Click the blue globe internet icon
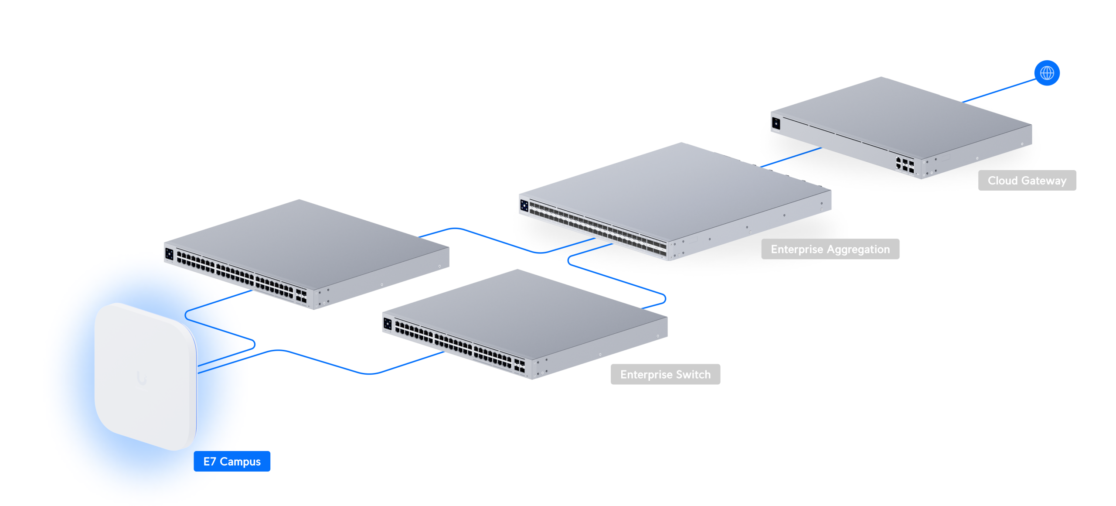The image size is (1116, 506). pos(1046,73)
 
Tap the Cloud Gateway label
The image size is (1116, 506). pos(1026,180)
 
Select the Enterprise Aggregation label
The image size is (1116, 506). pos(830,249)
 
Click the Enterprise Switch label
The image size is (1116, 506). pos(665,374)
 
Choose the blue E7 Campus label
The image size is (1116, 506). pos(231,461)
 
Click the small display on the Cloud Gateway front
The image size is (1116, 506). pos(776,123)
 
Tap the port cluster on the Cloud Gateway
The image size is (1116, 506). pos(905,165)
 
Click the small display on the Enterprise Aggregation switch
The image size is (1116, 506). pos(524,205)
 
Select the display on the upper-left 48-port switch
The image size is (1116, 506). pos(169,254)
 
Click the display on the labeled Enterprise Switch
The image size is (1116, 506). pos(387,324)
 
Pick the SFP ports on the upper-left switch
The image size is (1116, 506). pos(301,295)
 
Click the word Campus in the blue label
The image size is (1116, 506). pos(240,461)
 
